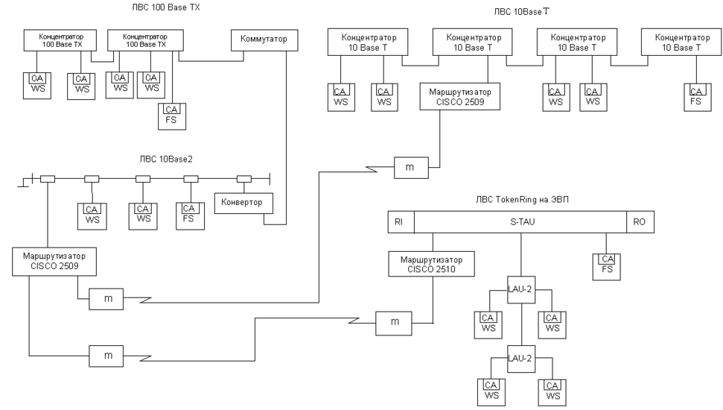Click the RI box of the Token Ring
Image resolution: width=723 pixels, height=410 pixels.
pos(400,222)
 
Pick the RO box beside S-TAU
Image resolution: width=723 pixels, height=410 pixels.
pos(640,222)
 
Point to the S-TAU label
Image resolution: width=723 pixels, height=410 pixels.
pos(520,222)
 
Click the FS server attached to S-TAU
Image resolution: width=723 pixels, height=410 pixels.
pos(606,265)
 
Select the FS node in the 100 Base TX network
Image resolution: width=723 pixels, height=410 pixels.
pos(171,116)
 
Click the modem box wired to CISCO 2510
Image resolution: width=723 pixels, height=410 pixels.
pos(394,322)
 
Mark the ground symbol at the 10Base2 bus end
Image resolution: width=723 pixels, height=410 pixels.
pos(27,181)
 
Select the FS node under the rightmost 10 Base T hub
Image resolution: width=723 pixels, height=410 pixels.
pos(695,97)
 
